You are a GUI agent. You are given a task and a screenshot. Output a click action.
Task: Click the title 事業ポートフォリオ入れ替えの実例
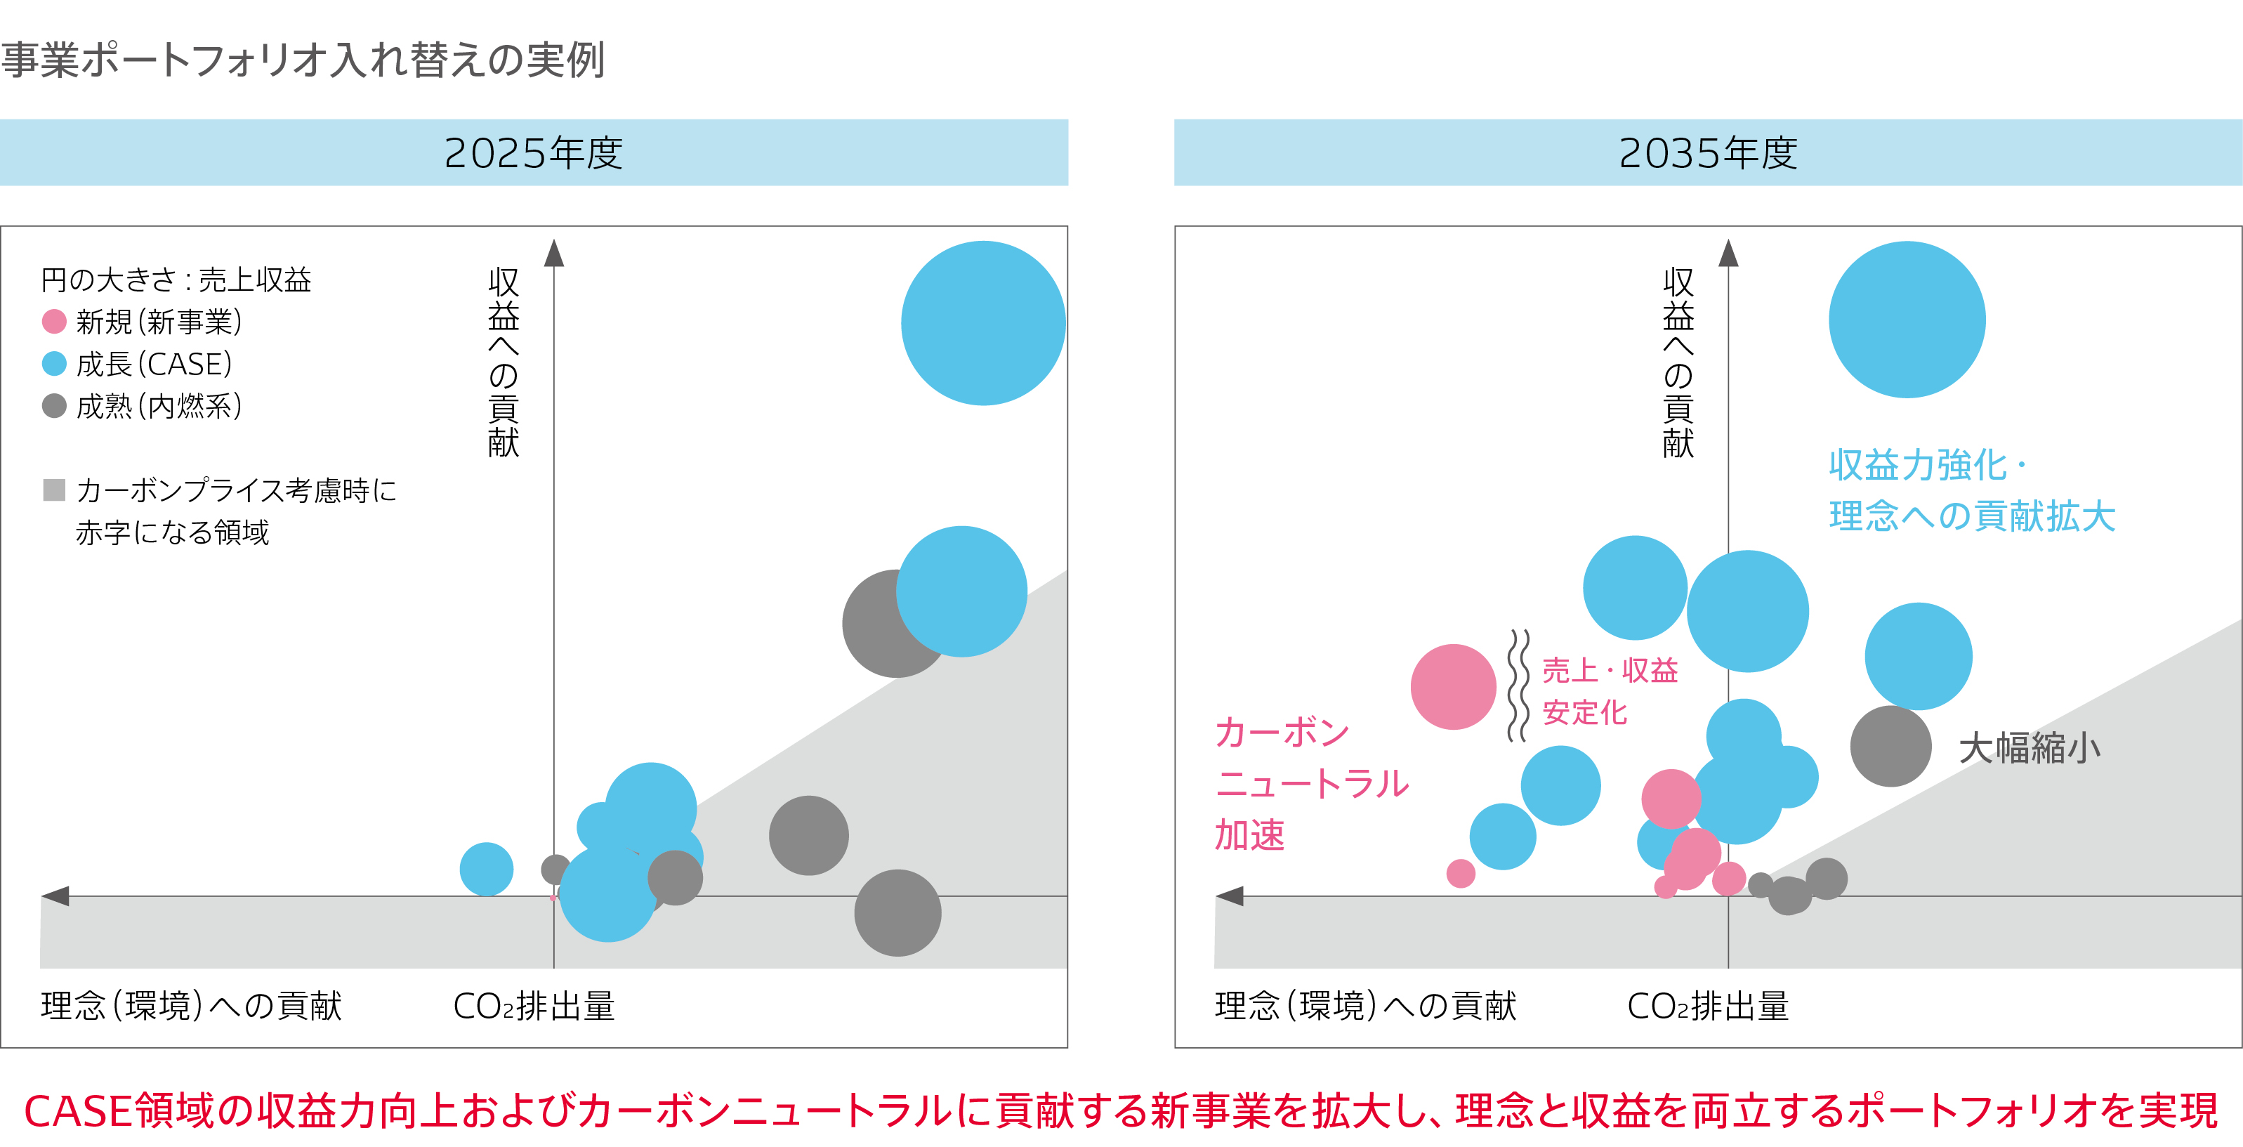click(x=302, y=60)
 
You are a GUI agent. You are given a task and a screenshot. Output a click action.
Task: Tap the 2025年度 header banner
click(x=533, y=152)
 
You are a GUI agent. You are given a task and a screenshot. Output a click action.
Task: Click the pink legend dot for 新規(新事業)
click(x=54, y=322)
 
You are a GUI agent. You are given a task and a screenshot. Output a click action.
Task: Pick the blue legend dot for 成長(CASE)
click(x=54, y=363)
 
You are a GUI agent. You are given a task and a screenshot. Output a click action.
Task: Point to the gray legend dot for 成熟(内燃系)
click(x=54, y=405)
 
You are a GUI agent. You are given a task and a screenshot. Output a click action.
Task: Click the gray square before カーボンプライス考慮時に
click(x=54, y=490)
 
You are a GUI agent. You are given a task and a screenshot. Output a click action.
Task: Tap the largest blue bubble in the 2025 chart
click(x=982, y=323)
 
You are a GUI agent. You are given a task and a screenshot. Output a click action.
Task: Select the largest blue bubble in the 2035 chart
click(x=1906, y=320)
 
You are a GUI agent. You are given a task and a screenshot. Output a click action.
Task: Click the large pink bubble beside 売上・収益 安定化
click(x=1452, y=686)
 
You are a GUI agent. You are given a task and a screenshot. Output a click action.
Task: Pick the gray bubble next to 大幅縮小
click(x=1890, y=747)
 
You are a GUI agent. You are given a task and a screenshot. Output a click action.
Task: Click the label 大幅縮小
click(x=2029, y=747)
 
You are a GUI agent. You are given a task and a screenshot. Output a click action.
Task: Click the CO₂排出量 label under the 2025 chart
click(x=533, y=1006)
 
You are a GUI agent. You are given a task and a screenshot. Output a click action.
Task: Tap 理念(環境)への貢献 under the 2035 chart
click(x=1364, y=1006)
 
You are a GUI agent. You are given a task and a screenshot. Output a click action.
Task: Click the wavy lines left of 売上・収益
click(x=1518, y=686)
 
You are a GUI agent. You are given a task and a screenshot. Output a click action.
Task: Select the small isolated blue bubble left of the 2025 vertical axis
click(x=486, y=868)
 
